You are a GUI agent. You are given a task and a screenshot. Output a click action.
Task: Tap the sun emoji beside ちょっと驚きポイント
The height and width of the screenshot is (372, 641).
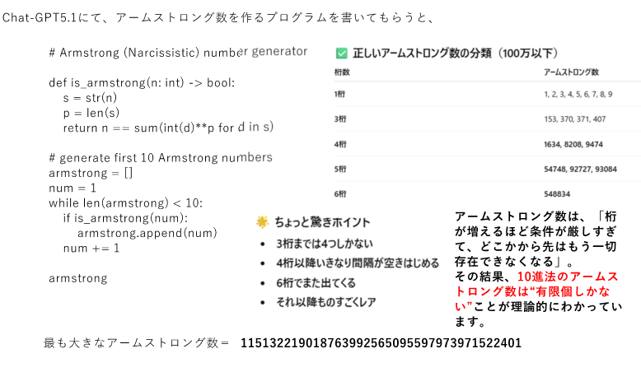262,222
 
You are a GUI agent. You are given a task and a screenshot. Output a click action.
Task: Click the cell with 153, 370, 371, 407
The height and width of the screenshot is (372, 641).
575,119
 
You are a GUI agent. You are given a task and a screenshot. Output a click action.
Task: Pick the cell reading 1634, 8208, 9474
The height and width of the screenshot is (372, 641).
573,144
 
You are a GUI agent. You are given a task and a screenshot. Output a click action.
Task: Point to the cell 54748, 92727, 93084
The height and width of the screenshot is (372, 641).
580,169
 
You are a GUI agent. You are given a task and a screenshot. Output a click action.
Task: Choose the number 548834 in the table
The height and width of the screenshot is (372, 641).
561,194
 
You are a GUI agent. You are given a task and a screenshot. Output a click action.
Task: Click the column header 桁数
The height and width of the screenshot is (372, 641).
341,73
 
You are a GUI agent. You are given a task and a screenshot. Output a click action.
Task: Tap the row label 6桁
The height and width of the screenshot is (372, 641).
340,194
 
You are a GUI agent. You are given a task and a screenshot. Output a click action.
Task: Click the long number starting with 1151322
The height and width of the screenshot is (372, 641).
381,342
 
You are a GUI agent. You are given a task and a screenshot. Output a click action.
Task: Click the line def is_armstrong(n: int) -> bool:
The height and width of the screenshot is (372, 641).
142,83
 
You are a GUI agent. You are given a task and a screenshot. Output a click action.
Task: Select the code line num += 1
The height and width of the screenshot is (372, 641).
91,248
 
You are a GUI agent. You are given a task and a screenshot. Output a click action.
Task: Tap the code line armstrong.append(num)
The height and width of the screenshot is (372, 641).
147,233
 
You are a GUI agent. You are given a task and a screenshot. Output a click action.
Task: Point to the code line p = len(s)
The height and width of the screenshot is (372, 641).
91,113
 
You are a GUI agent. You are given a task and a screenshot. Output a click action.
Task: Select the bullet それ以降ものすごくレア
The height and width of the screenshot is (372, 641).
326,302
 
